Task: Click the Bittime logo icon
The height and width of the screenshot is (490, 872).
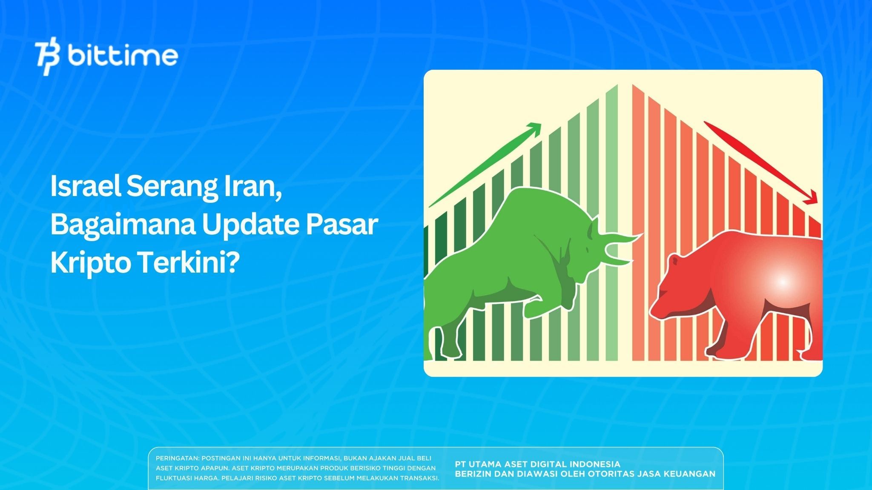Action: pos(48,58)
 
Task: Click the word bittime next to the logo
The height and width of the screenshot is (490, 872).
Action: pos(123,56)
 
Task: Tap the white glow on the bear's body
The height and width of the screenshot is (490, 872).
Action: pos(783,282)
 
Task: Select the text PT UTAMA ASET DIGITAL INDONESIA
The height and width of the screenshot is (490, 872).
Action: pos(537,464)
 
